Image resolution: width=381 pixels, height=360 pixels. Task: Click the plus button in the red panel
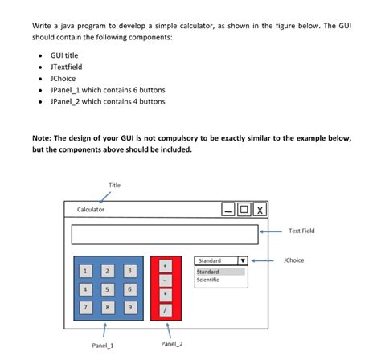(165, 264)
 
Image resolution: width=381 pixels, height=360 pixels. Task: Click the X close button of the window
(259, 210)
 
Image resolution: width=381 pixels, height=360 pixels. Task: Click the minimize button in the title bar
(229, 210)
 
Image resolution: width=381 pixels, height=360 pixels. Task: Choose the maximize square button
(244, 210)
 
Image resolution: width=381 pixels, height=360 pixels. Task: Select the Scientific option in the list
(209, 280)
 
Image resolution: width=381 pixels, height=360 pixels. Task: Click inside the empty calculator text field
(164, 235)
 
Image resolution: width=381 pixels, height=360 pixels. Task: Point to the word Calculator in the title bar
(90, 210)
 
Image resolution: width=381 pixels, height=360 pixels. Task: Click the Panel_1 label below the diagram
(102, 346)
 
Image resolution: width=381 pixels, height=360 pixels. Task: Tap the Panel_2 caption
(171, 345)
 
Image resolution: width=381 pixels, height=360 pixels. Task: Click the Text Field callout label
(301, 231)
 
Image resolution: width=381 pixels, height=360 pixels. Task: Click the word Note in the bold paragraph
(43, 138)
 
